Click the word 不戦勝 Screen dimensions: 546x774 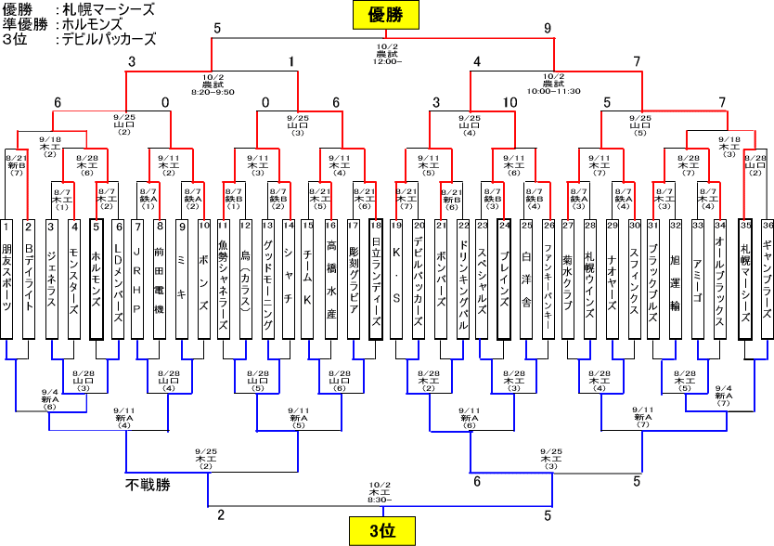[148, 484]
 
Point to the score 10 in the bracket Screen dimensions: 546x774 [510, 101]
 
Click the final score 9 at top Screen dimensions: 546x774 [548, 28]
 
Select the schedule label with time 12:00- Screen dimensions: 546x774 [387, 53]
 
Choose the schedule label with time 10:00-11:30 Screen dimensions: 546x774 [553, 84]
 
